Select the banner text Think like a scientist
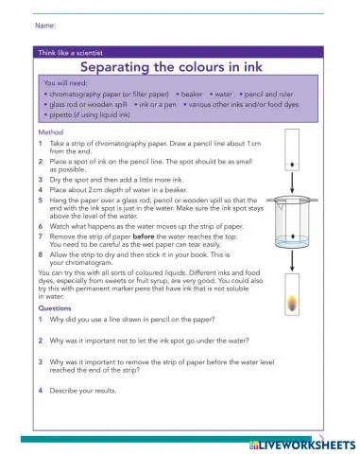pyautogui.click(x=70, y=53)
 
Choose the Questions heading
pyautogui.click(x=53, y=307)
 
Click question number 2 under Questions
pyautogui.click(x=41, y=340)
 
